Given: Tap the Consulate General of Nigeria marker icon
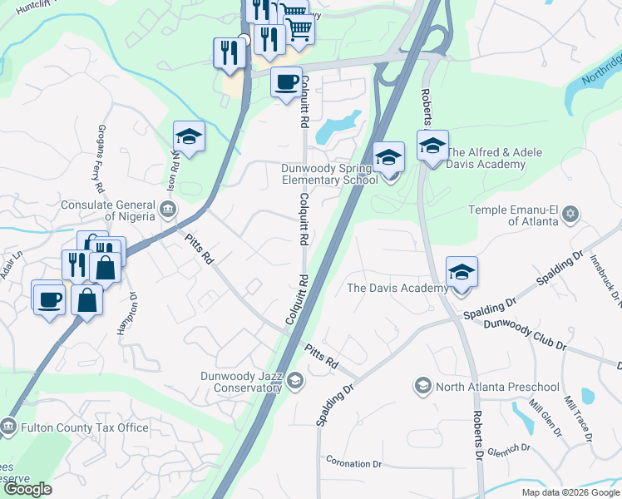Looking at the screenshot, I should pyautogui.click(x=168, y=208).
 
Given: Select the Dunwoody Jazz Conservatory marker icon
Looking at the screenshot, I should pyautogui.click(x=296, y=380).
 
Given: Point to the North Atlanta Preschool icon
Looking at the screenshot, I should pyautogui.click(x=422, y=386).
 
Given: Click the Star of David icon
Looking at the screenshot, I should pyautogui.click(x=570, y=215).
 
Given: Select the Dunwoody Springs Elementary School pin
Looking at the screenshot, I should pyautogui.click(x=388, y=158).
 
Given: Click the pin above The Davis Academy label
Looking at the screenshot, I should pyautogui.click(x=462, y=273).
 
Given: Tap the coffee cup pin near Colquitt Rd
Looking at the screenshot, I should pyautogui.click(x=286, y=83).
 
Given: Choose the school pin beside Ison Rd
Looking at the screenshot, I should pyautogui.click(x=190, y=138).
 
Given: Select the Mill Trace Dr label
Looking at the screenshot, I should pyautogui.click(x=578, y=418).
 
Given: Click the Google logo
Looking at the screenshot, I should pyautogui.click(x=27, y=489).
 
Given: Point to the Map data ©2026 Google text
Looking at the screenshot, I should pyautogui.click(x=570, y=492).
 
